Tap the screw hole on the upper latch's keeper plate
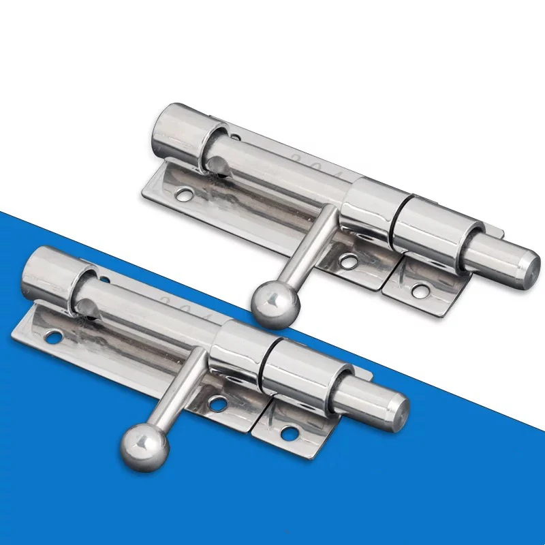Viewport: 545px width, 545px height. tap(420, 292)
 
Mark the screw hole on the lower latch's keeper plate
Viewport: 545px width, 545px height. tap(290, 432)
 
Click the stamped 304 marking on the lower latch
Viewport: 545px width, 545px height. tap(184, 307)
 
